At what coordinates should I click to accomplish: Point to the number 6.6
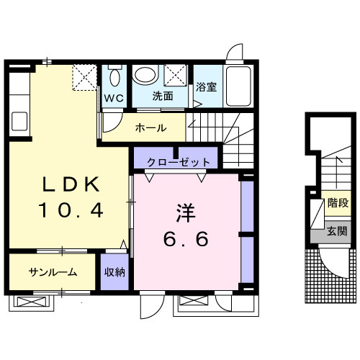point(183,239)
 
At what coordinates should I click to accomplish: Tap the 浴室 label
point(206,88)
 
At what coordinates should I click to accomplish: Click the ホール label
point(151,128)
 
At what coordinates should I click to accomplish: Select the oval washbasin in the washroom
point(146,74)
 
